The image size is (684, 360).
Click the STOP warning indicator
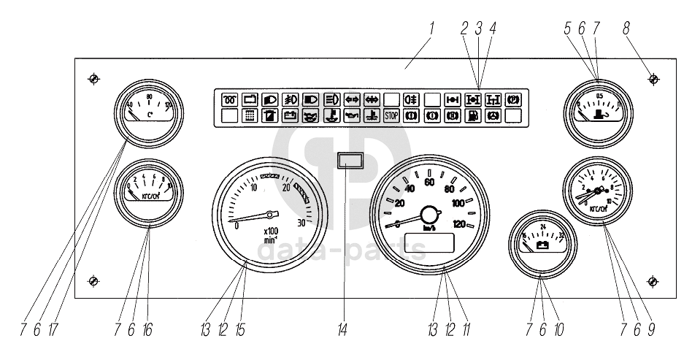[391, 115]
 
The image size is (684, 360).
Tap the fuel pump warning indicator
[473, 115]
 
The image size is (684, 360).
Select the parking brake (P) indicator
[512, 99]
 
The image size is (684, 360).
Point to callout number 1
[432, 28]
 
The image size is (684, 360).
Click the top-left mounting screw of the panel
[93, 78]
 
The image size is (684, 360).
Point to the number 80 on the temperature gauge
[149, 96]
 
